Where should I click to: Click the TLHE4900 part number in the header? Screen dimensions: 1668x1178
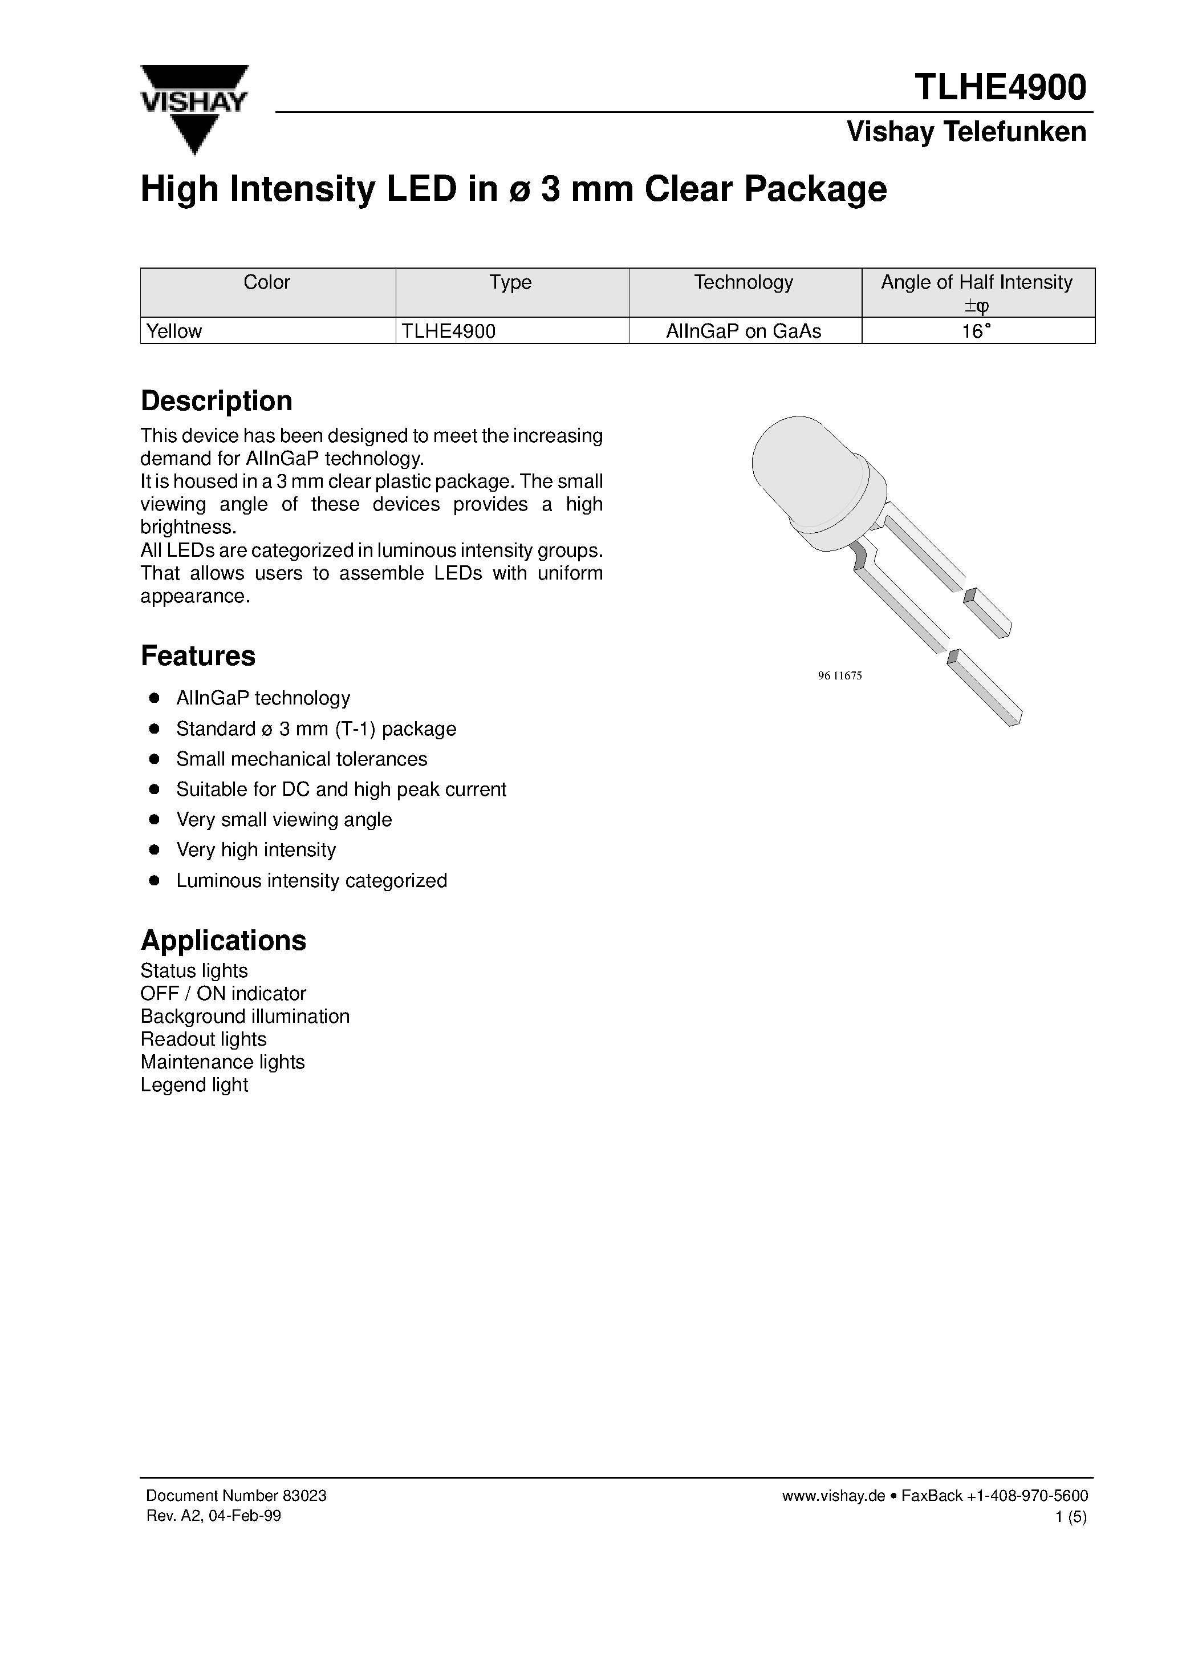tap(1000, 88)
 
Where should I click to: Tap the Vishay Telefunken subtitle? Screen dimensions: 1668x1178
tap(966, 132)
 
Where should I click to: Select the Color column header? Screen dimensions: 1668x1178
tap(266, 282)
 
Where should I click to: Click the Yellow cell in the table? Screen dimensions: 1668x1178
tap(174, 331)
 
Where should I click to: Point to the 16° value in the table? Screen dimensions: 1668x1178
tap(977, 331)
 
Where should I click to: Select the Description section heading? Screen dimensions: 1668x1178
tap(217, 401)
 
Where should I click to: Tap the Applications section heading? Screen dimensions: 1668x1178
tap(223, 940)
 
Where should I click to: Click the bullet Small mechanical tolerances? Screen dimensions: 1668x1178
tap(302, 759)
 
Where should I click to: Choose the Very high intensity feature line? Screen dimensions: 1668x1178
tap(255, 850)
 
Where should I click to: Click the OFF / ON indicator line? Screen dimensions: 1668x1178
tap(223, 993)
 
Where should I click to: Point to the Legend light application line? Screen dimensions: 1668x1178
tap(194, 1084)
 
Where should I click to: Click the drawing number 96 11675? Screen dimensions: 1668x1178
tap(839, 675)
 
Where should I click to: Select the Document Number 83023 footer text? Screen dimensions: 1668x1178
tap(236, 1496)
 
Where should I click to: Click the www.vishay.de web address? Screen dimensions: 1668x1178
tap(833, 1496)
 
